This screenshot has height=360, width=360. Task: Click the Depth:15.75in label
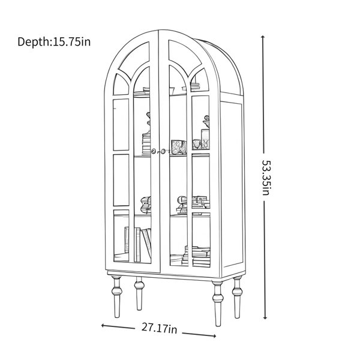pyautogui.click(x=54, y=42)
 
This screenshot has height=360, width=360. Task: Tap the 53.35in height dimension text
pyautogui.click(x=267, y=178)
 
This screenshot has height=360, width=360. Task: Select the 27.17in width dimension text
pyautogui.click(x=159, y=328)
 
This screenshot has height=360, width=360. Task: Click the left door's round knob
pyautogui.click(x=154, y=151)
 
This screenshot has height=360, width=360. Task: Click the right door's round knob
pyautogui.click(x=163, y=151)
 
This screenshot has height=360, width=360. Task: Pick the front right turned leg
pyautogui.click(x=218, y=303)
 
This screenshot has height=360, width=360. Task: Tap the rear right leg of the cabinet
pyautogui.click(x=237, y=298)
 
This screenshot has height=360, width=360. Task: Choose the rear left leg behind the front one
pyautogui.click(x=139, y=293)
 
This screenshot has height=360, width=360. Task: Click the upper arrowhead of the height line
pyautogui.click(x=263, y=37)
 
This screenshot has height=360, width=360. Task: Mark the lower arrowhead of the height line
pyautogui.click(x=265, y=317)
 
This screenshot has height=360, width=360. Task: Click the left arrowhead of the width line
pyautogui.click(x=103, y=325)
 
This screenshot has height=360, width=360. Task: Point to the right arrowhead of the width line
pyautogui.click(x=214, y=336)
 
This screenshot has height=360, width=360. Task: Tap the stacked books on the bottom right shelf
pyautogui.click(x=196, y=256)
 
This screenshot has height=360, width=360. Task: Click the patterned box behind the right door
pyautogui.click(x=179, y=147)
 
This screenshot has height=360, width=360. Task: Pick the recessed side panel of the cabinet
pyautogui.click(x=232, y=184)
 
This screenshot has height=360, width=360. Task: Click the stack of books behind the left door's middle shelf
pyautogui.click(x=146, y=143)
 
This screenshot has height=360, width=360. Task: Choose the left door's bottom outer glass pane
pyautogui.click(x=121, y=236)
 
